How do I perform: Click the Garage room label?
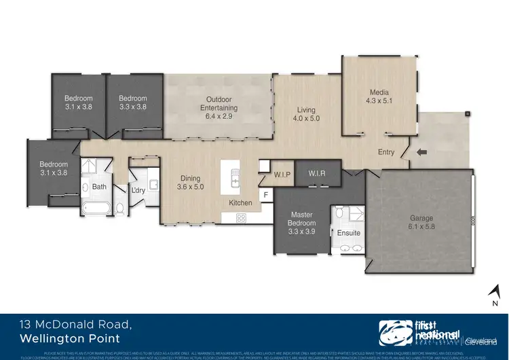(421, 223)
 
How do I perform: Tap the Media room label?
(379, 97)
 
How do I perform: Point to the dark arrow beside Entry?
(422, 152)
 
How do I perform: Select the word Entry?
(386, 152)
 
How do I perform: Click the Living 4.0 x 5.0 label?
(306, 114)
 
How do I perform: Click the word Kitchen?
(240, 203)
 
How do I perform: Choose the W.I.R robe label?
(317, 173)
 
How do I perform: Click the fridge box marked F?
(265, 196)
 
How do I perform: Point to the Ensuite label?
(349, 233)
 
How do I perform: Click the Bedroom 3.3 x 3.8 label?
(133, 103)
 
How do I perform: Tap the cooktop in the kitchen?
(241, 217)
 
